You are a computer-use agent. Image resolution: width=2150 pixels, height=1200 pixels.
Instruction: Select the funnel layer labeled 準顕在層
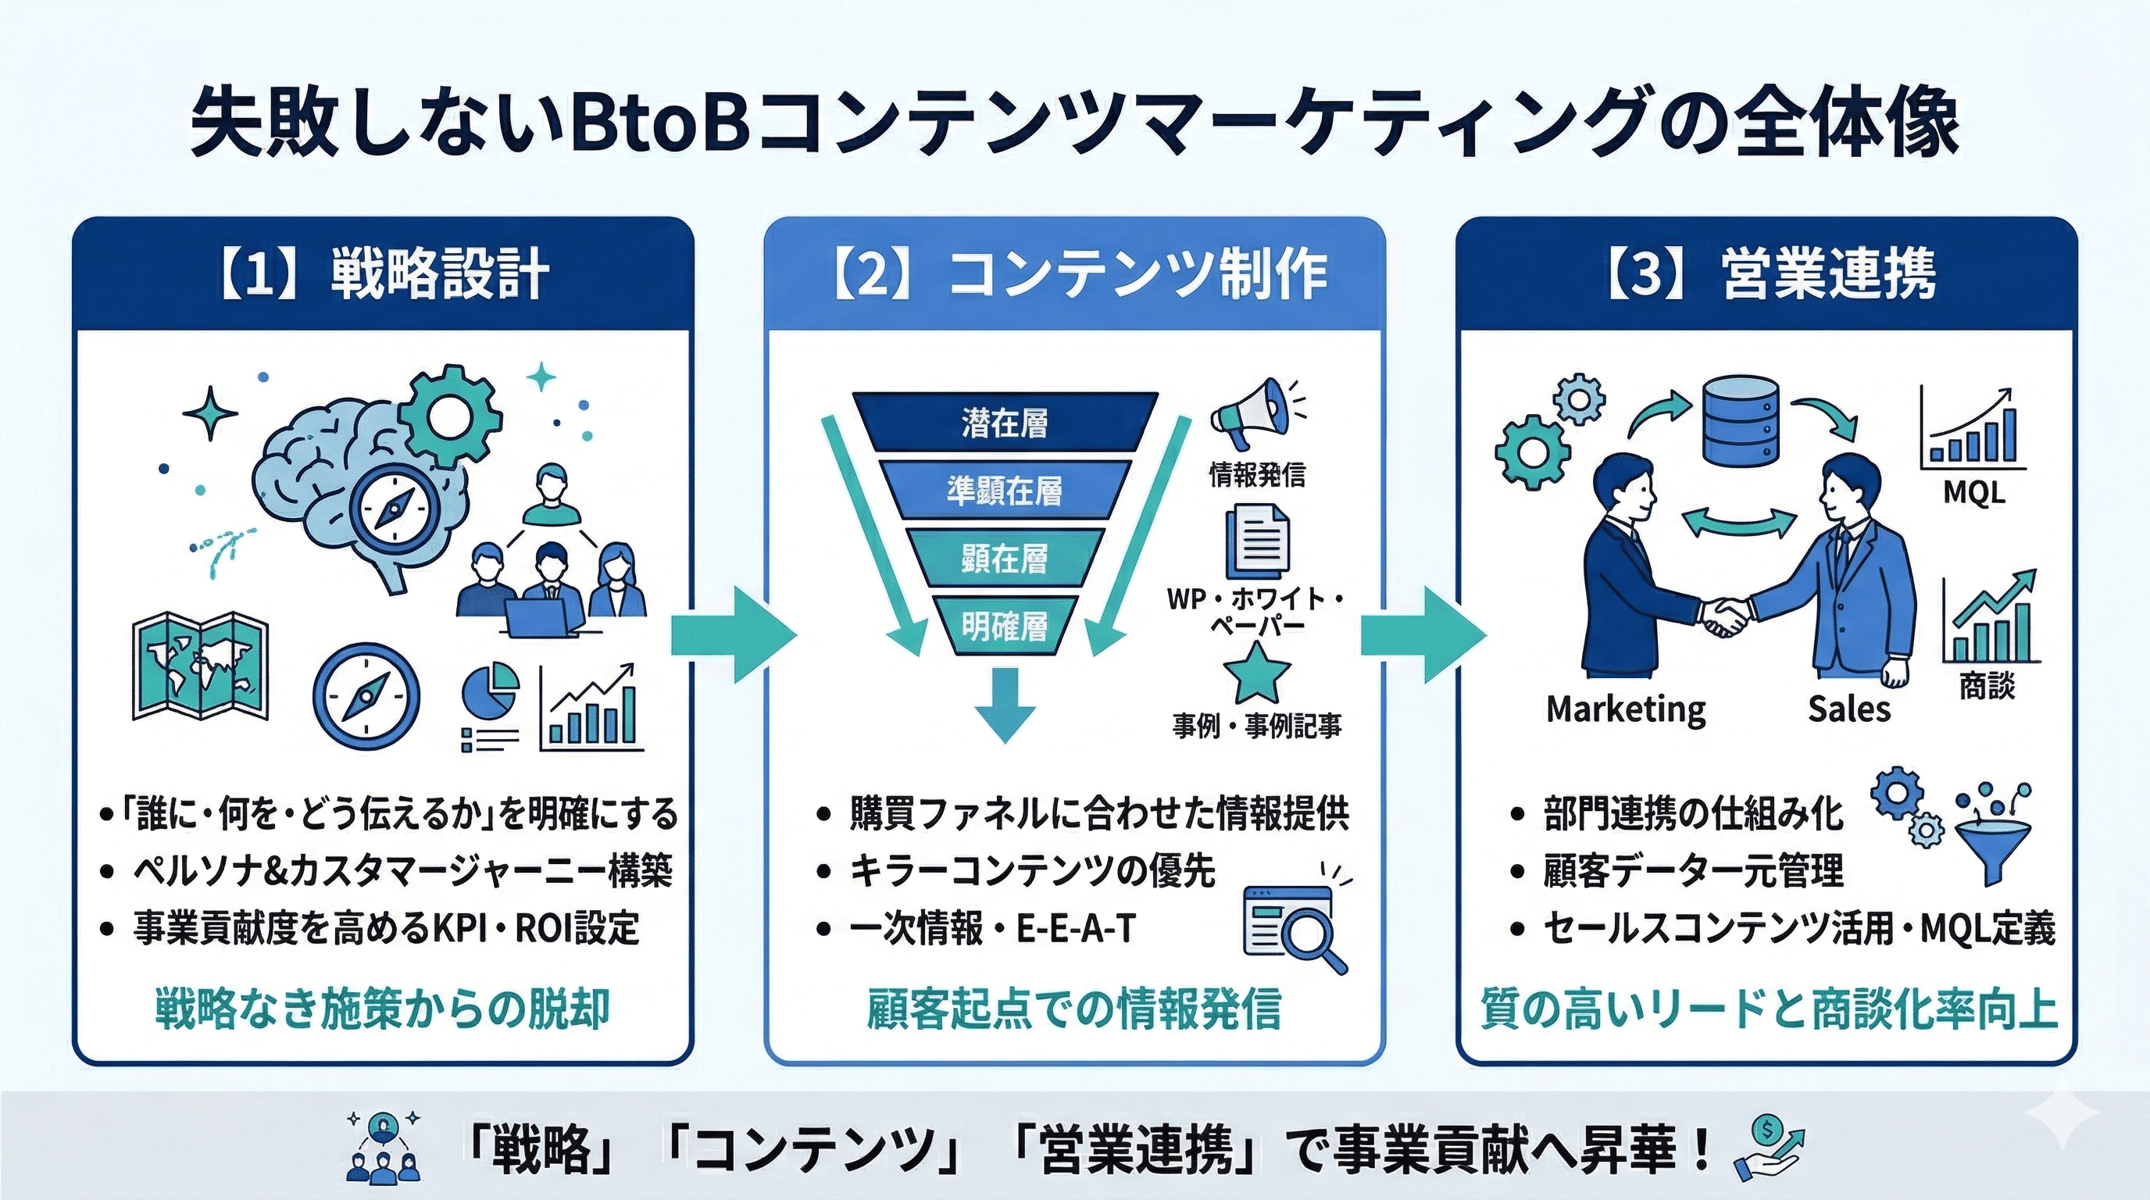pyautogui.click(x=1004, y=491)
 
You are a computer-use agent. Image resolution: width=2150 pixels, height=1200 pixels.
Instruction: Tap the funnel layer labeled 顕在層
pyautogui.click(x=1004, y=559)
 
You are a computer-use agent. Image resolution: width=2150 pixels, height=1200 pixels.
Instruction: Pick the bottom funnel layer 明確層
pyautogui.click(x=1004, y=626)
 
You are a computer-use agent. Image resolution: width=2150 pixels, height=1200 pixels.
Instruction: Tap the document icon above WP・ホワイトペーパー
pyautogui.click(x=1256, y=542)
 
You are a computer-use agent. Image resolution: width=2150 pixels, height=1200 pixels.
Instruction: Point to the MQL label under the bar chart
pyautogui.click(x=1973, y=492)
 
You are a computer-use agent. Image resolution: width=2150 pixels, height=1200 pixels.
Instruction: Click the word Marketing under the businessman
pyautogui.click(x=1626, y=709)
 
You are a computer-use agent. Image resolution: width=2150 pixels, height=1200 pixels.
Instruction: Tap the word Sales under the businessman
pyautogui.click(x=1848, y=709)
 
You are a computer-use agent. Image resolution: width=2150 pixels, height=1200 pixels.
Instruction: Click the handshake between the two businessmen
pyautogui.click(x=1725, y=616)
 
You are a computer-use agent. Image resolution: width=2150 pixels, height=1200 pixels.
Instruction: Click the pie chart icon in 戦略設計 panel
pyautogui.click(x=490, y=689)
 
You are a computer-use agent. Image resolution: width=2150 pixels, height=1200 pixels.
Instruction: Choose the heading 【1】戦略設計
pyautogui.click(x=383, y=273)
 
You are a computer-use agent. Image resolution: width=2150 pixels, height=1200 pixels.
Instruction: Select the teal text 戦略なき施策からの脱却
pyautogui.click(x=382, y=1009)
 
